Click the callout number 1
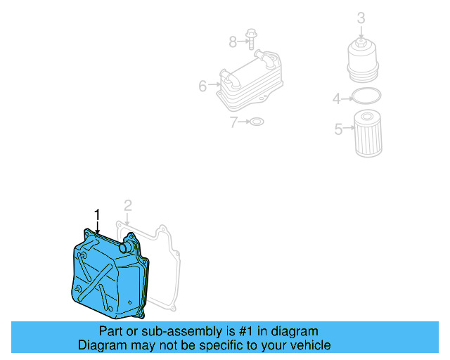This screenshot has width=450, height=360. pos(98,214)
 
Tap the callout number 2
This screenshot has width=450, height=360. pos(127,205)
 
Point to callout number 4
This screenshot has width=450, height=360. pos(337,99)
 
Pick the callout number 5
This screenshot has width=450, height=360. pos(338,129)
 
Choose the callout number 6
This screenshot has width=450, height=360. pos(202,86)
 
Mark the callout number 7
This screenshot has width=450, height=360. pos(234,122)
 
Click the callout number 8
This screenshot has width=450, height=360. pos(233,42)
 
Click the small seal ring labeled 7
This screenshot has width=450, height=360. pos(257,122)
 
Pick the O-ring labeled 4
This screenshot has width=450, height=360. pos(366,97)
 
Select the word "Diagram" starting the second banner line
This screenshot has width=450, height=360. pos(101,345)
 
